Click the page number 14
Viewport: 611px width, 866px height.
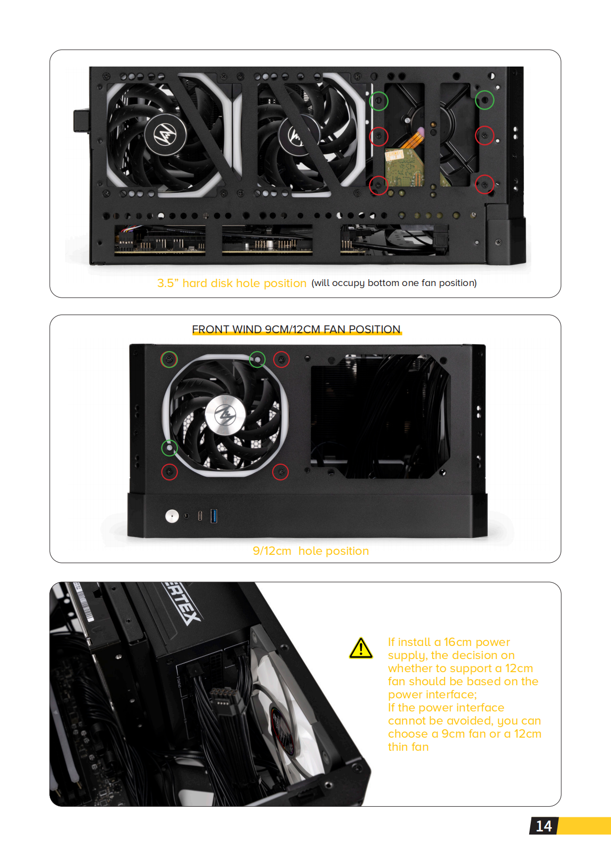point(544,826)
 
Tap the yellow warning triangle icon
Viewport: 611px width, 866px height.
point(361,649)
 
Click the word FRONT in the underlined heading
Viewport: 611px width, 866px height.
point(210,329)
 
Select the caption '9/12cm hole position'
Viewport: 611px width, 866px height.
point(310,551)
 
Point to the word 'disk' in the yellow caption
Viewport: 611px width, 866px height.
point(221,283)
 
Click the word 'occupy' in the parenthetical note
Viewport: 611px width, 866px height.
point(348,283)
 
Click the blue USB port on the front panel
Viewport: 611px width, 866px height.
point(214,516)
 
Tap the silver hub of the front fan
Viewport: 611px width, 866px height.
point(226,415)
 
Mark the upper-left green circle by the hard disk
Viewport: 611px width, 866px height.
point(379,100)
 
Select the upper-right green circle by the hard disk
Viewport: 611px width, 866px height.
point(485,100)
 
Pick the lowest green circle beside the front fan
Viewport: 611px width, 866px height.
point(169,448)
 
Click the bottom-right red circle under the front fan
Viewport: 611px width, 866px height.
point(281,472)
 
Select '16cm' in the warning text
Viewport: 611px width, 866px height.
point(458,642)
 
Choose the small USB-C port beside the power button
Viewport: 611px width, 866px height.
point(200,516)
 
